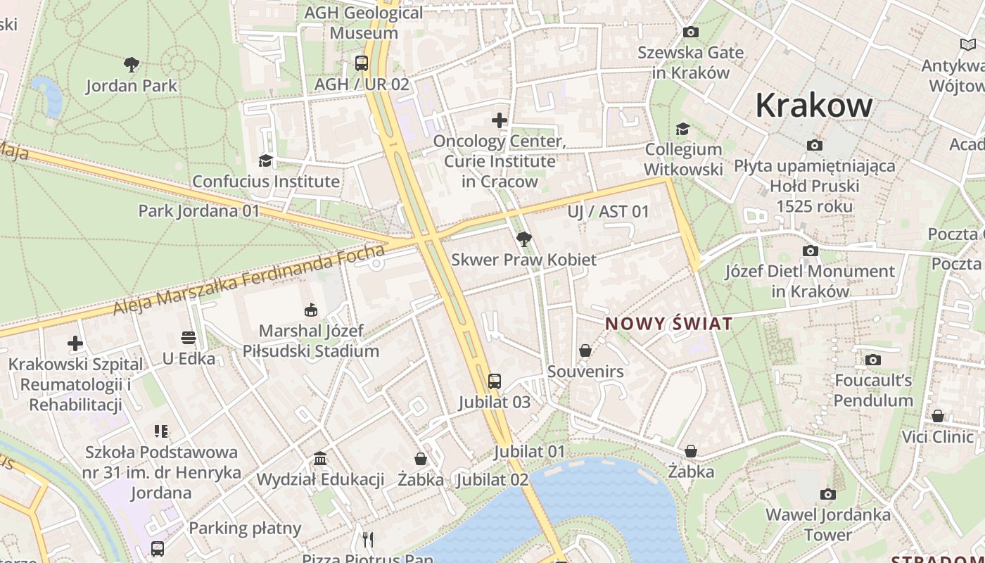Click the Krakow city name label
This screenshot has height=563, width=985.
coord(814,106)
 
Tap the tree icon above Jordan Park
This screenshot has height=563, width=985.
coord(131,65)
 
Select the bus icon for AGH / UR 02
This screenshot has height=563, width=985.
coord(362,63)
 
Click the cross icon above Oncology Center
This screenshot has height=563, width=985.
coord(500,120)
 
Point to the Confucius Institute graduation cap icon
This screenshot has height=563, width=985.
coord(265,161)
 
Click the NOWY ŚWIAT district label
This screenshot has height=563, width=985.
coord(669,324)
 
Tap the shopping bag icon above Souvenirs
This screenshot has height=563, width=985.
coord(585,350)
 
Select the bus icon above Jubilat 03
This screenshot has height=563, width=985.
coord(495,381)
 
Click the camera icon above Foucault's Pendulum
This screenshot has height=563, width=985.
coord(873,360)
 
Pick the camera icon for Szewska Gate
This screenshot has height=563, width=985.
coord(691,32)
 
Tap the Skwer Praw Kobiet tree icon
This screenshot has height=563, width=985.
coord(523,239)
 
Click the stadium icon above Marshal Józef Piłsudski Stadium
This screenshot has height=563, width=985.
coord(310,310)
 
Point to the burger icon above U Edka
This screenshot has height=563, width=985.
coord(189,338)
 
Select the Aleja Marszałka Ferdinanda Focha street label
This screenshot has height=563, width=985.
coord(250,279)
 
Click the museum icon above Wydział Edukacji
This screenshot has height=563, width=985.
coord(320,459)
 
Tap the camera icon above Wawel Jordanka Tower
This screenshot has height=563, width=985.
coord(828,494)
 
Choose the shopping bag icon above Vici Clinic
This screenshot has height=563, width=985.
coord(938,417)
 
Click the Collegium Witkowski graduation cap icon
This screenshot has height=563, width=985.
coord(682,129)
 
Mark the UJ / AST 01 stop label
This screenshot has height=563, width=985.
coord(609,212)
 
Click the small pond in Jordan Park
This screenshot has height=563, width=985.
coord(48,96)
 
